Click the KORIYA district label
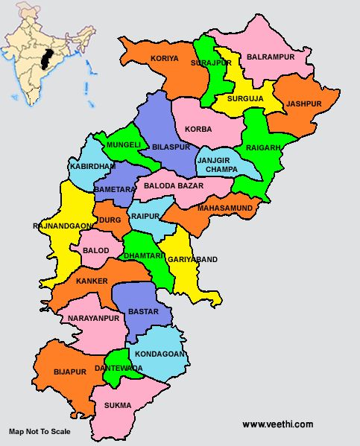pos(165,58)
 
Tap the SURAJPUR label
pos(211,64)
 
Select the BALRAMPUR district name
pos(271,57)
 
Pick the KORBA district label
pos(198,129)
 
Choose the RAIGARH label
pos(263,148)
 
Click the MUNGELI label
pos(124,144)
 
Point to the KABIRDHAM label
pos(92,166)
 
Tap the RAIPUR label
pos(145,216)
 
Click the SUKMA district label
pos(119,405)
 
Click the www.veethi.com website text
pos(278,424)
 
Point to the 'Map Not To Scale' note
pos(40,431)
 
